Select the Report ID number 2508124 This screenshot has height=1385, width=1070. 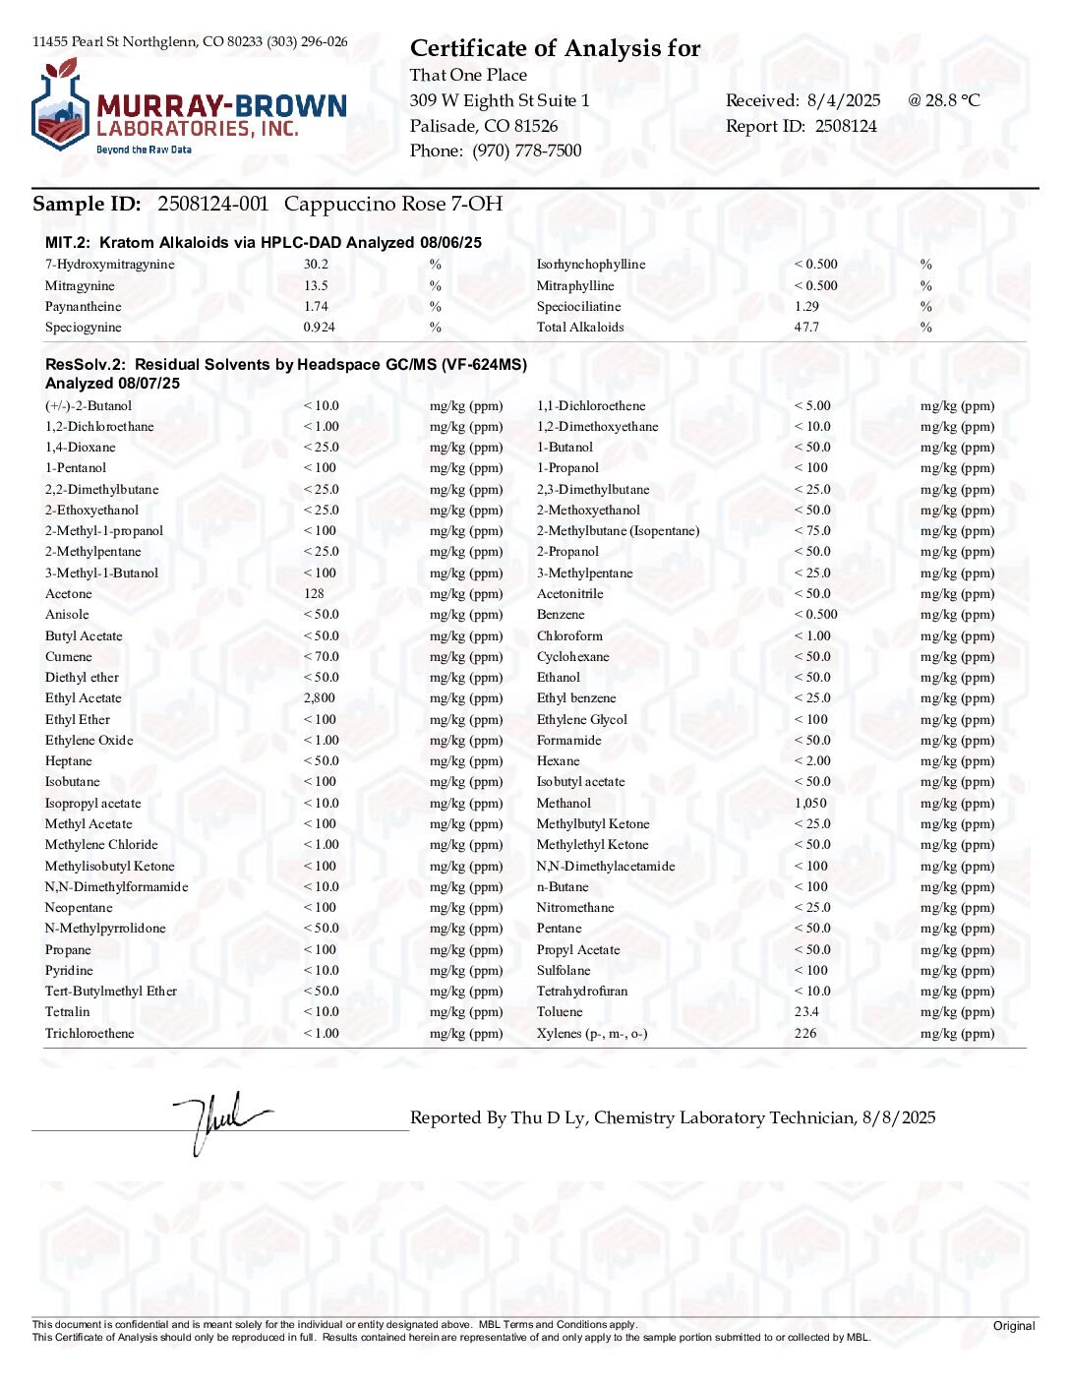845,126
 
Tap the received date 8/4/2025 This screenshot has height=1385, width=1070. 843,100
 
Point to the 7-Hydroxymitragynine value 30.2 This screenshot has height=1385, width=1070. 316,265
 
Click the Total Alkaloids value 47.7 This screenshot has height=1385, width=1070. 806,328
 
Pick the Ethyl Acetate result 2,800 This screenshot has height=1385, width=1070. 320,698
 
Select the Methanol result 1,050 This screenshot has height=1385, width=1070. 810,804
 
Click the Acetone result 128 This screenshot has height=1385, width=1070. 314,594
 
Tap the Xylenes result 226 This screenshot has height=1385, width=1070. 805,1034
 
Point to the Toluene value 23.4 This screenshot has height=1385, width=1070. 806,1012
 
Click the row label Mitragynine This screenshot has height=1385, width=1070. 80,286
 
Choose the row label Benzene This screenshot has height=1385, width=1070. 561,615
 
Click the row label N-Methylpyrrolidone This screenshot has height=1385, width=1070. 105,929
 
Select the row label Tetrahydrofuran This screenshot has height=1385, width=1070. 582,992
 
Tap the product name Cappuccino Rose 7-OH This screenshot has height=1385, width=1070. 392,204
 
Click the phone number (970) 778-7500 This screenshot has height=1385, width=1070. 526,151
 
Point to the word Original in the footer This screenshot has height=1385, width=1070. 1014,1326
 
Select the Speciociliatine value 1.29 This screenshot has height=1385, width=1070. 806,307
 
